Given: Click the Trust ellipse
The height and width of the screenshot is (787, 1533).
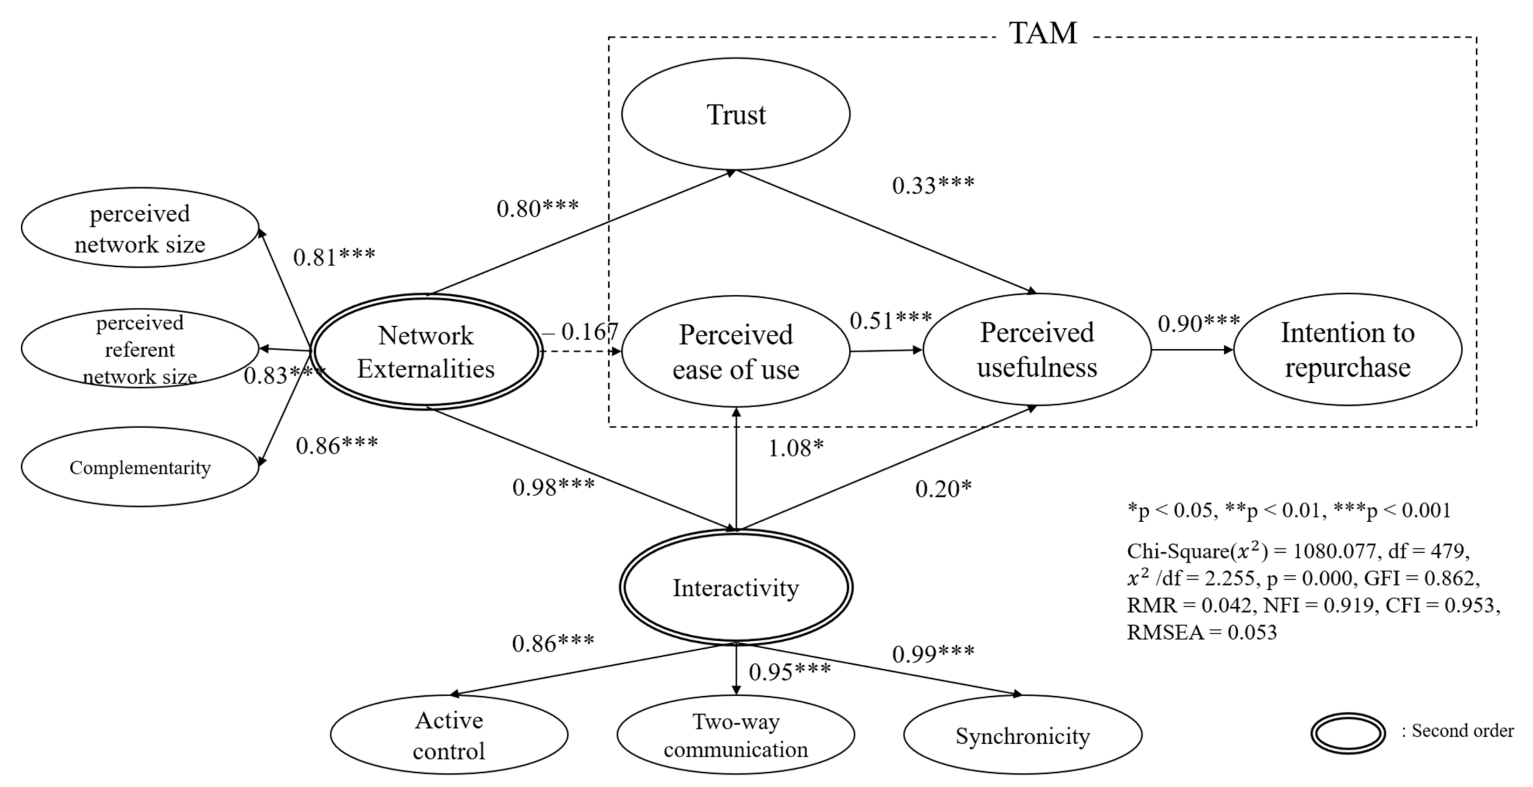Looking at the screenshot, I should tap(735, 114).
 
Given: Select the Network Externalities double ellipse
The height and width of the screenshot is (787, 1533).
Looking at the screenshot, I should tap(426, 352).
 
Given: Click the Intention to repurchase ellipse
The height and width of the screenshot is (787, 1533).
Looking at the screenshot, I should tap(1347, 350).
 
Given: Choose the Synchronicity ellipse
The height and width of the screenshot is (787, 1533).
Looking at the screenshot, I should tap(1022, 736).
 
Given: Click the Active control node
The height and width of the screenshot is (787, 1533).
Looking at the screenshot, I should tap(449, 736).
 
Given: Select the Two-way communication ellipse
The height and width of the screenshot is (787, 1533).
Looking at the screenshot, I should tap(735, 736).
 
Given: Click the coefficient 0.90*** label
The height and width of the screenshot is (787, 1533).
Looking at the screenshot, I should tap(1198, 324).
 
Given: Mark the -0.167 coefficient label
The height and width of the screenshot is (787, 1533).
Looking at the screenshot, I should tap(580, 332).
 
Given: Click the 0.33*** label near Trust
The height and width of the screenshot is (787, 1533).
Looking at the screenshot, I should tap(933, 186).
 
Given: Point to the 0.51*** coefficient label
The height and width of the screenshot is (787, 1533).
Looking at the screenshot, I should tap(890, 321).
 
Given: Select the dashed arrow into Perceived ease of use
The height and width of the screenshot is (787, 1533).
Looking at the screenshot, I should tap(580, 351).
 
